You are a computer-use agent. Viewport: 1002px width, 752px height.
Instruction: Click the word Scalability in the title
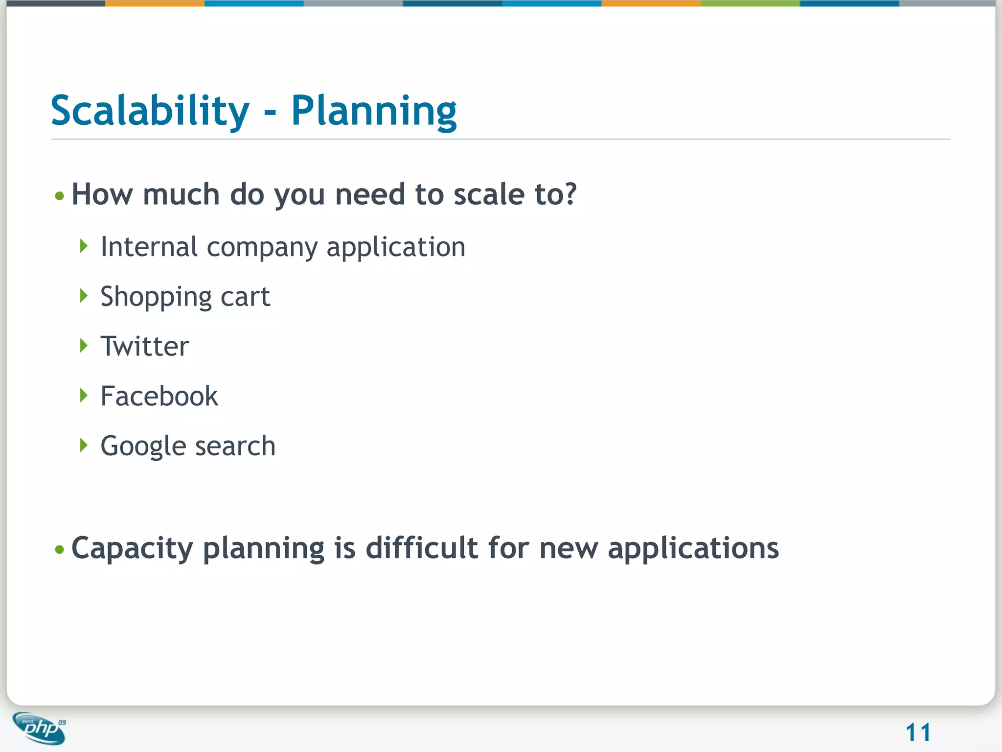pos(150,111)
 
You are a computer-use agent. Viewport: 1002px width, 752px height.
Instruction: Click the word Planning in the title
pos(374,112)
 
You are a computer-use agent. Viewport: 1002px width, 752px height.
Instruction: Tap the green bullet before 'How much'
pos(60,196)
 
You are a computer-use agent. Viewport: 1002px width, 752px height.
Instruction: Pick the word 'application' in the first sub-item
pos(396,248)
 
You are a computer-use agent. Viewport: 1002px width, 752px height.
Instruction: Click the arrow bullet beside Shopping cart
pos(84,296)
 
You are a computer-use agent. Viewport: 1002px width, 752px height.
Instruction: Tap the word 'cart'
pos(245,297)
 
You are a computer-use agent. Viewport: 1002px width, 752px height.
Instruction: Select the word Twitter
pos(145,347)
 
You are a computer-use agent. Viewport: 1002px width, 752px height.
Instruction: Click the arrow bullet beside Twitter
pos(84,346)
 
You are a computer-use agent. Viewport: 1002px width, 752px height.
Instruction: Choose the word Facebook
pos(159,396)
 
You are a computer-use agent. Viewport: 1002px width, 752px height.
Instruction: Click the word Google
pos(143,446)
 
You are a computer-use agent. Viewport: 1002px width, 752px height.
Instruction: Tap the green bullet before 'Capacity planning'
pos(60,549)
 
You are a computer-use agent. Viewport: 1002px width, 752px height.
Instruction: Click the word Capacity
pos(132,548)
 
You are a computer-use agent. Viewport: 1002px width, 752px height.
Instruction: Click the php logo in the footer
pos(40,728)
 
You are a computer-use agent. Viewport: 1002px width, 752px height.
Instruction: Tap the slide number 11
pos(917,732)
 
